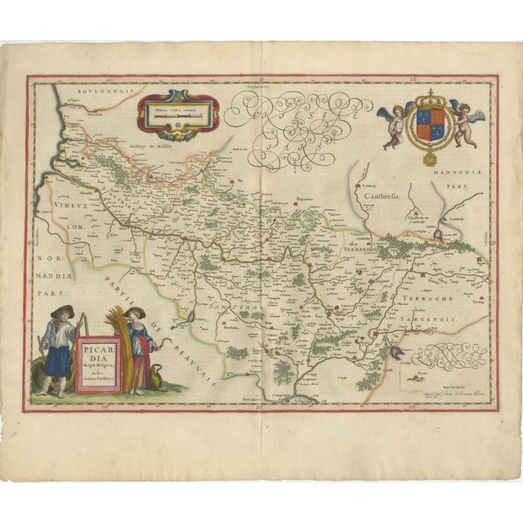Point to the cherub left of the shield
click(393, 123)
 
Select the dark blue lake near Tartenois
click(437, 235)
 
